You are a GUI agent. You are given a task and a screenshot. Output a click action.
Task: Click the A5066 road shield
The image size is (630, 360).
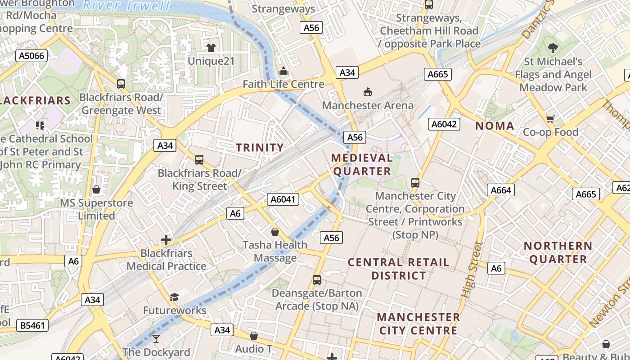coord(31,56)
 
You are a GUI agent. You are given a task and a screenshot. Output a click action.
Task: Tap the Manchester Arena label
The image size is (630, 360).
coord(368,105)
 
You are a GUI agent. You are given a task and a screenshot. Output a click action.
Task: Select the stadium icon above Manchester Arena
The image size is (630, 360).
coord(368,92)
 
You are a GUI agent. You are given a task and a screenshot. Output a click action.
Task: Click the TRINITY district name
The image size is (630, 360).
coord(260,148)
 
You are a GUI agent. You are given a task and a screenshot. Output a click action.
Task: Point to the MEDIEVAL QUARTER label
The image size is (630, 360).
coord(362,165)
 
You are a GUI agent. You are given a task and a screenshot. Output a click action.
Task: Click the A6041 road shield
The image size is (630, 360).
coord(283,199)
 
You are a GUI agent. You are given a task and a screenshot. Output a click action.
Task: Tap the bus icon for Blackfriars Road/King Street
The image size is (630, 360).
coord(199,160)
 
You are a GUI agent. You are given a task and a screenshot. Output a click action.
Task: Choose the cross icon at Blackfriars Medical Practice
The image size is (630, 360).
coord(166,240)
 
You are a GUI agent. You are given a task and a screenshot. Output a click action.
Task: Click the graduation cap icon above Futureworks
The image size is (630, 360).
coord(174,297)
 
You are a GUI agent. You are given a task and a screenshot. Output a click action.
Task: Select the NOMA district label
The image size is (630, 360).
coord(495,126)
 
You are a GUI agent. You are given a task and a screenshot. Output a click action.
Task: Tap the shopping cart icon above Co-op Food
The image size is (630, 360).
coord(550,119)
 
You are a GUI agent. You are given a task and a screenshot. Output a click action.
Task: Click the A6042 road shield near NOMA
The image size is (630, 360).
coord(444,124)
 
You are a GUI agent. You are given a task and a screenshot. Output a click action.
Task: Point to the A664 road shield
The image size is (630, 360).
coord(500,190)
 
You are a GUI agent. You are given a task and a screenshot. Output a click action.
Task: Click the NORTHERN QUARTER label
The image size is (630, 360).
coord(558,252)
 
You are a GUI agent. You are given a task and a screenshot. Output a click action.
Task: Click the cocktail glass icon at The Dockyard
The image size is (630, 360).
coord(156,338)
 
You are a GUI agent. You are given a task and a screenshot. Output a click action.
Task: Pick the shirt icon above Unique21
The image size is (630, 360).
coord(211,47)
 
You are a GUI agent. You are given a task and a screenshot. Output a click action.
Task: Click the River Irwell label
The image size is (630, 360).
coord(127,6)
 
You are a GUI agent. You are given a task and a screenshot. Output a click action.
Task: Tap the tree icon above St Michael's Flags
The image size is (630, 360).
coord(553,48)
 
